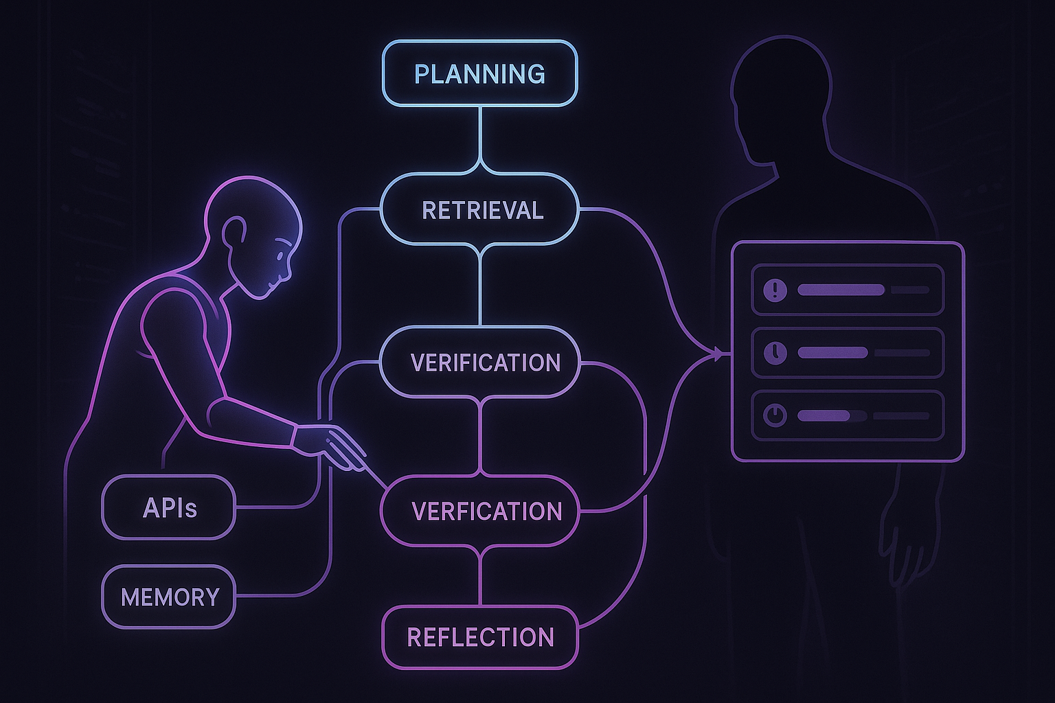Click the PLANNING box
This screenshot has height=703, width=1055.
[x=479, y=73]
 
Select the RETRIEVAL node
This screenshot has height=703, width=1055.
[x=480, y=210]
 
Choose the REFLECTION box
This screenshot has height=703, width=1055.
[x=480, y=637]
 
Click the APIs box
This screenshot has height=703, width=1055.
[x=169, y=508]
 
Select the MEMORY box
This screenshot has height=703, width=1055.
[x=169, y=597]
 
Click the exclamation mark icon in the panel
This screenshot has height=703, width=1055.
[x=775, y=290]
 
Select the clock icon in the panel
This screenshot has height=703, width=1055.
[x=775, y=353]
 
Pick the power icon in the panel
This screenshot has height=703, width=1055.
[x=775, y=415]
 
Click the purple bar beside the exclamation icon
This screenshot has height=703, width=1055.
[x=840, y=290]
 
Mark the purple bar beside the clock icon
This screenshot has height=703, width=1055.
[x=832, y=353]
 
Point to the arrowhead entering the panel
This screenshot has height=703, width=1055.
[x=718, y=354]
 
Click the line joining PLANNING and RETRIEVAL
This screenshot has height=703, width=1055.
[x=480, y=137]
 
